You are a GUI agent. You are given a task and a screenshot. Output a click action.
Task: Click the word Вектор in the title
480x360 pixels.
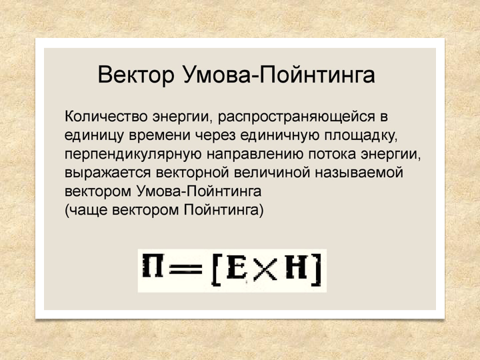coord(136,75)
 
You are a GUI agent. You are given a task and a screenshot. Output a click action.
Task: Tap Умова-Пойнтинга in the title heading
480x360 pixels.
coord(279,75)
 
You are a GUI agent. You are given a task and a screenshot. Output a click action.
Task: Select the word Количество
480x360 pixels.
coord(106,117)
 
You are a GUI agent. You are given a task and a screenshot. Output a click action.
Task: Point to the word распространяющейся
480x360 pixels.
coord(296,117)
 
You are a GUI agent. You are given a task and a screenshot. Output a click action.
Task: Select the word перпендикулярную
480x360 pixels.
coord(133,155)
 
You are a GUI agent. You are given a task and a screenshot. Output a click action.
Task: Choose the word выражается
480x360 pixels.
coord(107,173)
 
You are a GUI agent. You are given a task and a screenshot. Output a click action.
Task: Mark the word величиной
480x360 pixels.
coord(272,173)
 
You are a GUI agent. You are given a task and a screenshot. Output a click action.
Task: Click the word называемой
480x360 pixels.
coord(359,173)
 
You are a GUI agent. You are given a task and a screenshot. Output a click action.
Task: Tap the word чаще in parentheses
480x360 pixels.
coord(87,210)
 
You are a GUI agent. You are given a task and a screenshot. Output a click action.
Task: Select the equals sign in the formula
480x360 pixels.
coord(186,269)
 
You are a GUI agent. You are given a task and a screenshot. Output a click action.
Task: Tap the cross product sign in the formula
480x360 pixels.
coord(265,269)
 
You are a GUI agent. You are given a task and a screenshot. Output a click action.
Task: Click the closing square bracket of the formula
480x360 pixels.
coord(317,269)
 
